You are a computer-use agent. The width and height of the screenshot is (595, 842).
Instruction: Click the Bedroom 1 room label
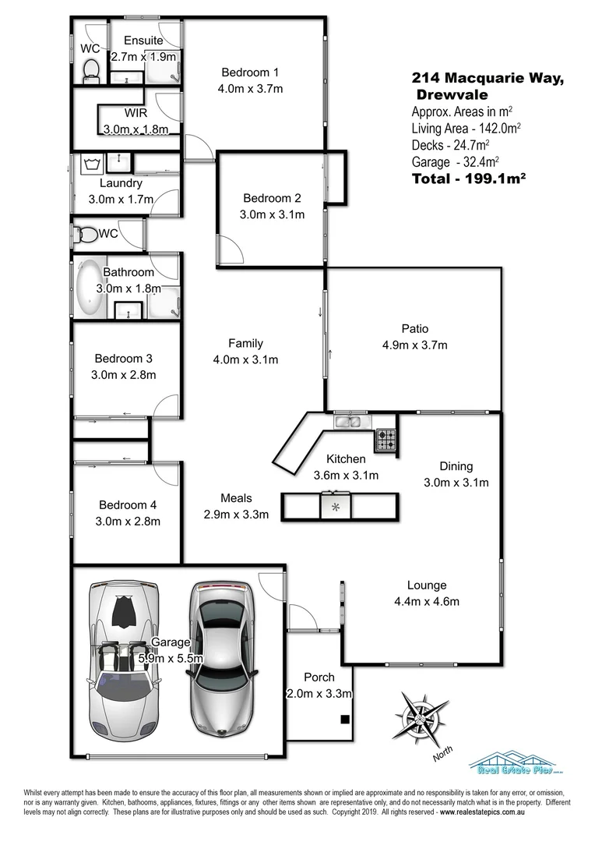[249, 73]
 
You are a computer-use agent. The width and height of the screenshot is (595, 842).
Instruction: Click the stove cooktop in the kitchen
[386, 440]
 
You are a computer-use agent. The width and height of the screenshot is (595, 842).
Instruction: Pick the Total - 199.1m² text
[467, 178]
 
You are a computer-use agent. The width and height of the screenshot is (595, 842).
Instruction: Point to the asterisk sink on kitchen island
[336, 507]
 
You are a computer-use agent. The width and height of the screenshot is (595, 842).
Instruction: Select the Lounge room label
[426, 586]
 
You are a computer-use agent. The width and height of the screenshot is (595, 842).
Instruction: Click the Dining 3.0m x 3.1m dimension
[456, 482]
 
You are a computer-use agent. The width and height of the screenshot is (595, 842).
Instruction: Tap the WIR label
[136, 112]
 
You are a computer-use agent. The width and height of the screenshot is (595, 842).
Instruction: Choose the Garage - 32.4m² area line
[455, 161]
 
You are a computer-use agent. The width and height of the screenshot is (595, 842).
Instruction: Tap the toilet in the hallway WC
[87, 234]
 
